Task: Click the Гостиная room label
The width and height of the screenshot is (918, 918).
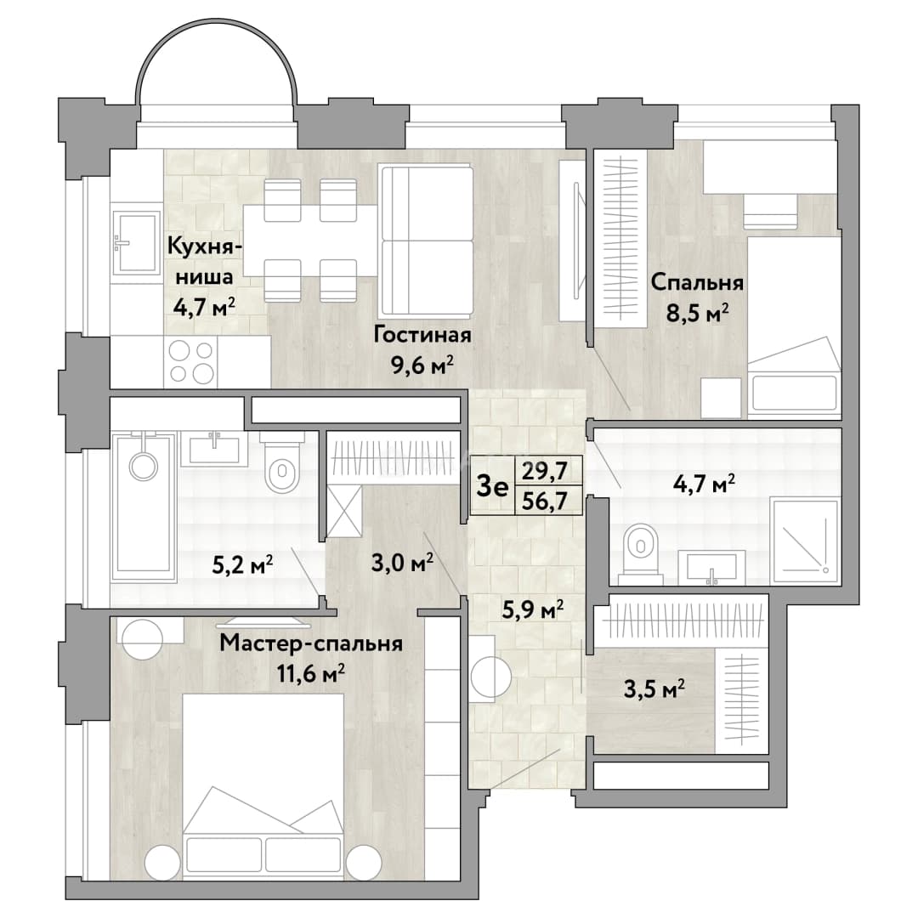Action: click(x=422, y=336)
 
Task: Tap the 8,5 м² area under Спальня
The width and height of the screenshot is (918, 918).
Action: click(x=698, y=314)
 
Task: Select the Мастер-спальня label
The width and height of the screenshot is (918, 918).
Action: click(x=311, y=644)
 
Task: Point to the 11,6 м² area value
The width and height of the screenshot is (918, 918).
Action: click(x=311, y=674)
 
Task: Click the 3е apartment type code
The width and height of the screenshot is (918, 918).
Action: click(x=492, y=486)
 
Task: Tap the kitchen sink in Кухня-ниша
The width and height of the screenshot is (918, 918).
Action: click(x=136, y=242)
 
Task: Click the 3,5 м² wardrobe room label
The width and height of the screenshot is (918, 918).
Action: click(x=654, y=689)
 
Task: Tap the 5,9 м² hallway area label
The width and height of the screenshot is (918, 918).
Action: click(x=533, y=610)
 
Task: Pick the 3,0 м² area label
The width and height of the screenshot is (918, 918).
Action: click(x=402, y=564)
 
